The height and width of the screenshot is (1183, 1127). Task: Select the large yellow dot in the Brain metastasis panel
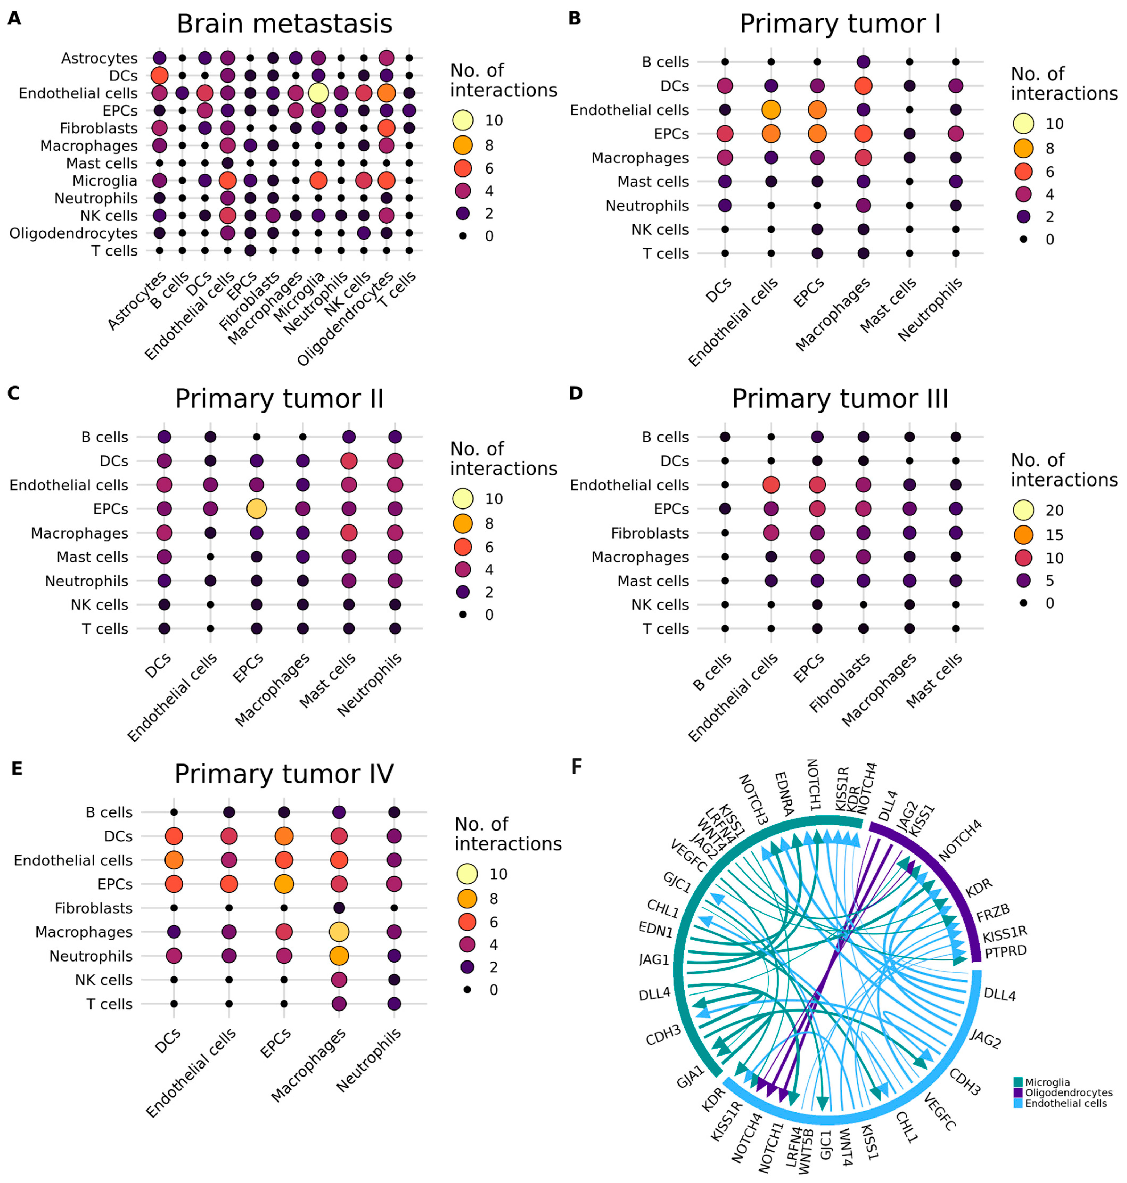click(318, 93)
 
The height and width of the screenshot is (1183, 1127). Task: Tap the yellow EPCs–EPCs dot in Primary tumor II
click(257, 509)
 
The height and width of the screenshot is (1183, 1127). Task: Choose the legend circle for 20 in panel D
click(1023, 510)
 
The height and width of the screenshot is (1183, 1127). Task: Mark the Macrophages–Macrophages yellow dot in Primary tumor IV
click(339, 932)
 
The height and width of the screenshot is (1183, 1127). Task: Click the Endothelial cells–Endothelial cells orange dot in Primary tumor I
click(771, 110)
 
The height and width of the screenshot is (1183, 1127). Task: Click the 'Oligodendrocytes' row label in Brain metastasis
click(73, 233)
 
